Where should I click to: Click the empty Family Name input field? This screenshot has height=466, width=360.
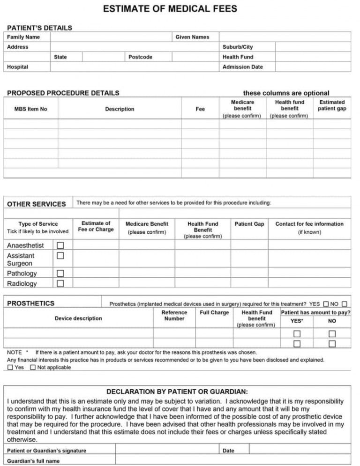[x=111, y=37]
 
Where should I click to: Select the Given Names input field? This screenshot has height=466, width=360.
[x=285, y=37]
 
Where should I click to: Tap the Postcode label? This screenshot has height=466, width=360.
[x=141, y=57]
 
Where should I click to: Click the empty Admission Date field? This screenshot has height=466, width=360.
[x=313, y=67]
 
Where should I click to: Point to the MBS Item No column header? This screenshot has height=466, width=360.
[x=31, y=109]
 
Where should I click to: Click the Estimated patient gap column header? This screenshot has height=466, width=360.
[x=332, y=105]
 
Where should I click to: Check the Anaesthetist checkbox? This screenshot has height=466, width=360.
[x=60, y=245]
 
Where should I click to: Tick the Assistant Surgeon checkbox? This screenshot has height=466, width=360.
[x=60, y=256]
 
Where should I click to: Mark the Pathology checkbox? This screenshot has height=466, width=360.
[x=60, y=274]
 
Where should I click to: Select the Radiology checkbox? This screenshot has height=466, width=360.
[x=60, y=283]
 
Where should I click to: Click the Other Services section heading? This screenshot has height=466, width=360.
[x=37, y=204]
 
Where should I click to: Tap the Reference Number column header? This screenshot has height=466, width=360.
[x=174, y=315]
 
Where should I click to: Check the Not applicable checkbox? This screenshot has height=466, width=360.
[x=32, y=368]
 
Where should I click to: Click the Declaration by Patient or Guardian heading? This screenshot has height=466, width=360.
[x=177, y=392]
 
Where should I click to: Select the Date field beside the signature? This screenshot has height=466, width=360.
[x=300, y=451]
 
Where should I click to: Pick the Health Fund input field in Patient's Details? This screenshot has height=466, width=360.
[x=313, y=57]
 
